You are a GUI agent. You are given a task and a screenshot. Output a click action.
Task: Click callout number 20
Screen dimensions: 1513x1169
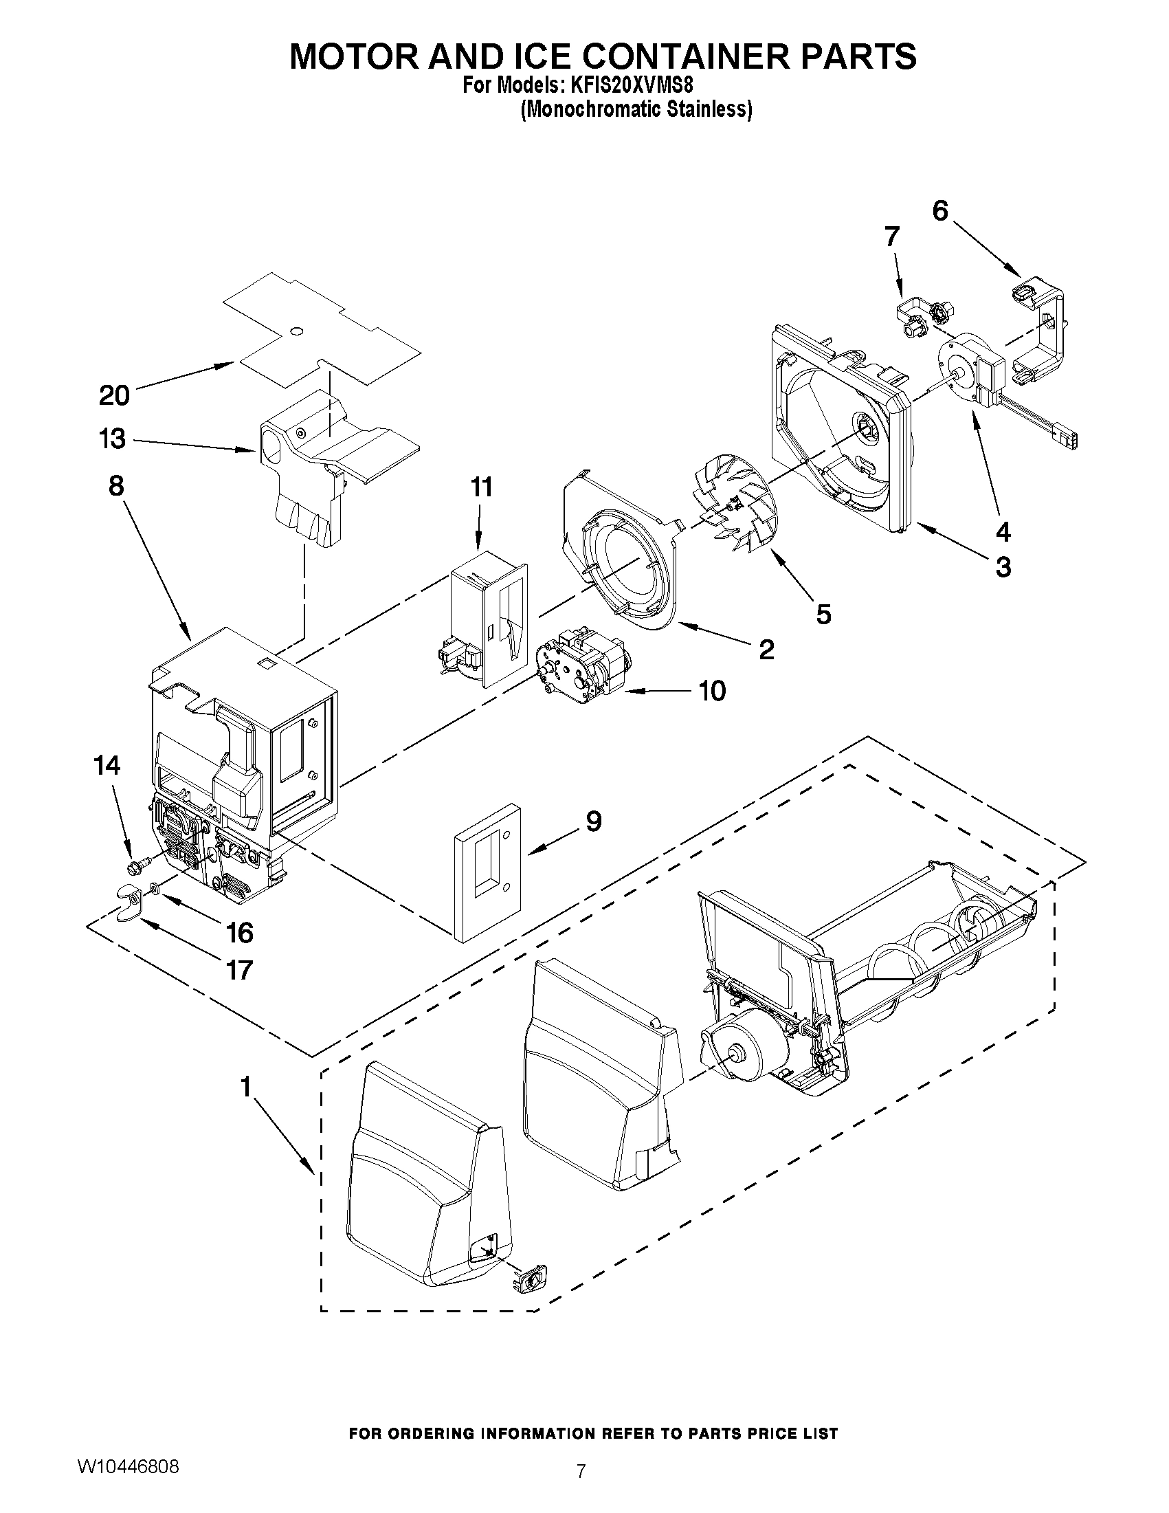coord(114,395)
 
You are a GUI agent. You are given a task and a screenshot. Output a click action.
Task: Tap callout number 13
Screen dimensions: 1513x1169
coord(113,439)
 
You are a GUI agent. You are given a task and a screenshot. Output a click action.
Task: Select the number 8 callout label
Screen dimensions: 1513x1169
coord(115,485)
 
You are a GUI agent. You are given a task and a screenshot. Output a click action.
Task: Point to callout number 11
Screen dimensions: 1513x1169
coord(481,487)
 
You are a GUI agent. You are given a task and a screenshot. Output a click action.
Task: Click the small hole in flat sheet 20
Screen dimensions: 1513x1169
coord(296,332)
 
